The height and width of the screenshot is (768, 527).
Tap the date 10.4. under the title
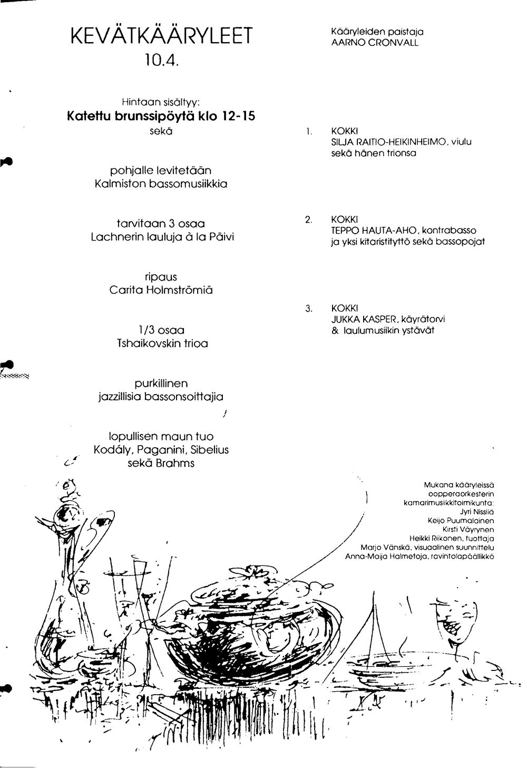click(x=161, y=60)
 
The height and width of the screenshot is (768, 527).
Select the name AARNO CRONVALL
click(x=375, y=43)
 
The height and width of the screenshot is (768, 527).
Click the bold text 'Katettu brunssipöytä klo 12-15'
click(x=161, y=117)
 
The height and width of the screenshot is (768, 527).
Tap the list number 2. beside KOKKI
click(x=309, y=219)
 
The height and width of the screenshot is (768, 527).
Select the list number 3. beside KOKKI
click(x=309, y=309)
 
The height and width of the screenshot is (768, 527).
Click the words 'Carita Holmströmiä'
click(x=161, y=290)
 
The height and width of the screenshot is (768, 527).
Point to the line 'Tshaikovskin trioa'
click(x=162, y=343)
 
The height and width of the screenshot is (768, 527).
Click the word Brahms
click(x=175, y=463)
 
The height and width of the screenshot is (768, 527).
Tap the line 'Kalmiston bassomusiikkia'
click(x=161, y=184)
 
